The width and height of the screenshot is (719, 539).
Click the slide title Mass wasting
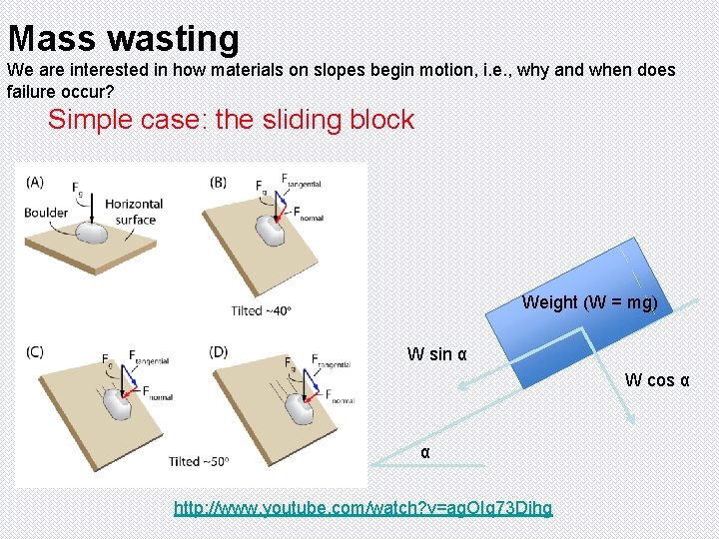click(x=124, y=38)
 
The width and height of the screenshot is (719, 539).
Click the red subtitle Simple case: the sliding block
click(x=231, y=120)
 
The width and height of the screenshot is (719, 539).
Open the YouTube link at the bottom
click(x=362, y=508)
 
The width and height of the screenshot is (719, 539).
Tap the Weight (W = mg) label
click(x=589, y=302)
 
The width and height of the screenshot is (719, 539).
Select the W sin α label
click(x=436, y=354)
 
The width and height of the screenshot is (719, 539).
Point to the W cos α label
click(x=657, y=380)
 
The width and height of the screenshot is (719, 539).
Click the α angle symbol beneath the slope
click(x=425, y=453)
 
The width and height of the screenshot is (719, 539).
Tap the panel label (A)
click(x=35, y=182)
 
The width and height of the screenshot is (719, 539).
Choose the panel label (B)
click(x=219, y=182)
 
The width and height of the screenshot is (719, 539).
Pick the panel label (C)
click(x=35, y=351)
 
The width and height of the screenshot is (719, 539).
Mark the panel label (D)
click(x=219, y=351)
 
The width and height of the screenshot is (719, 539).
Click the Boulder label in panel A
click(x=46, y=212)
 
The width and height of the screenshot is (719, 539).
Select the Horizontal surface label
click(x=134, y=212)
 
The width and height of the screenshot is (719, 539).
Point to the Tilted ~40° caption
click(x=261, y=310)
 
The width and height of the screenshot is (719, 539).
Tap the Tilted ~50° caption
click(x=199, y=461)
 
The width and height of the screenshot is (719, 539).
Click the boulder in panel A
click(x=93, y=232)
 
